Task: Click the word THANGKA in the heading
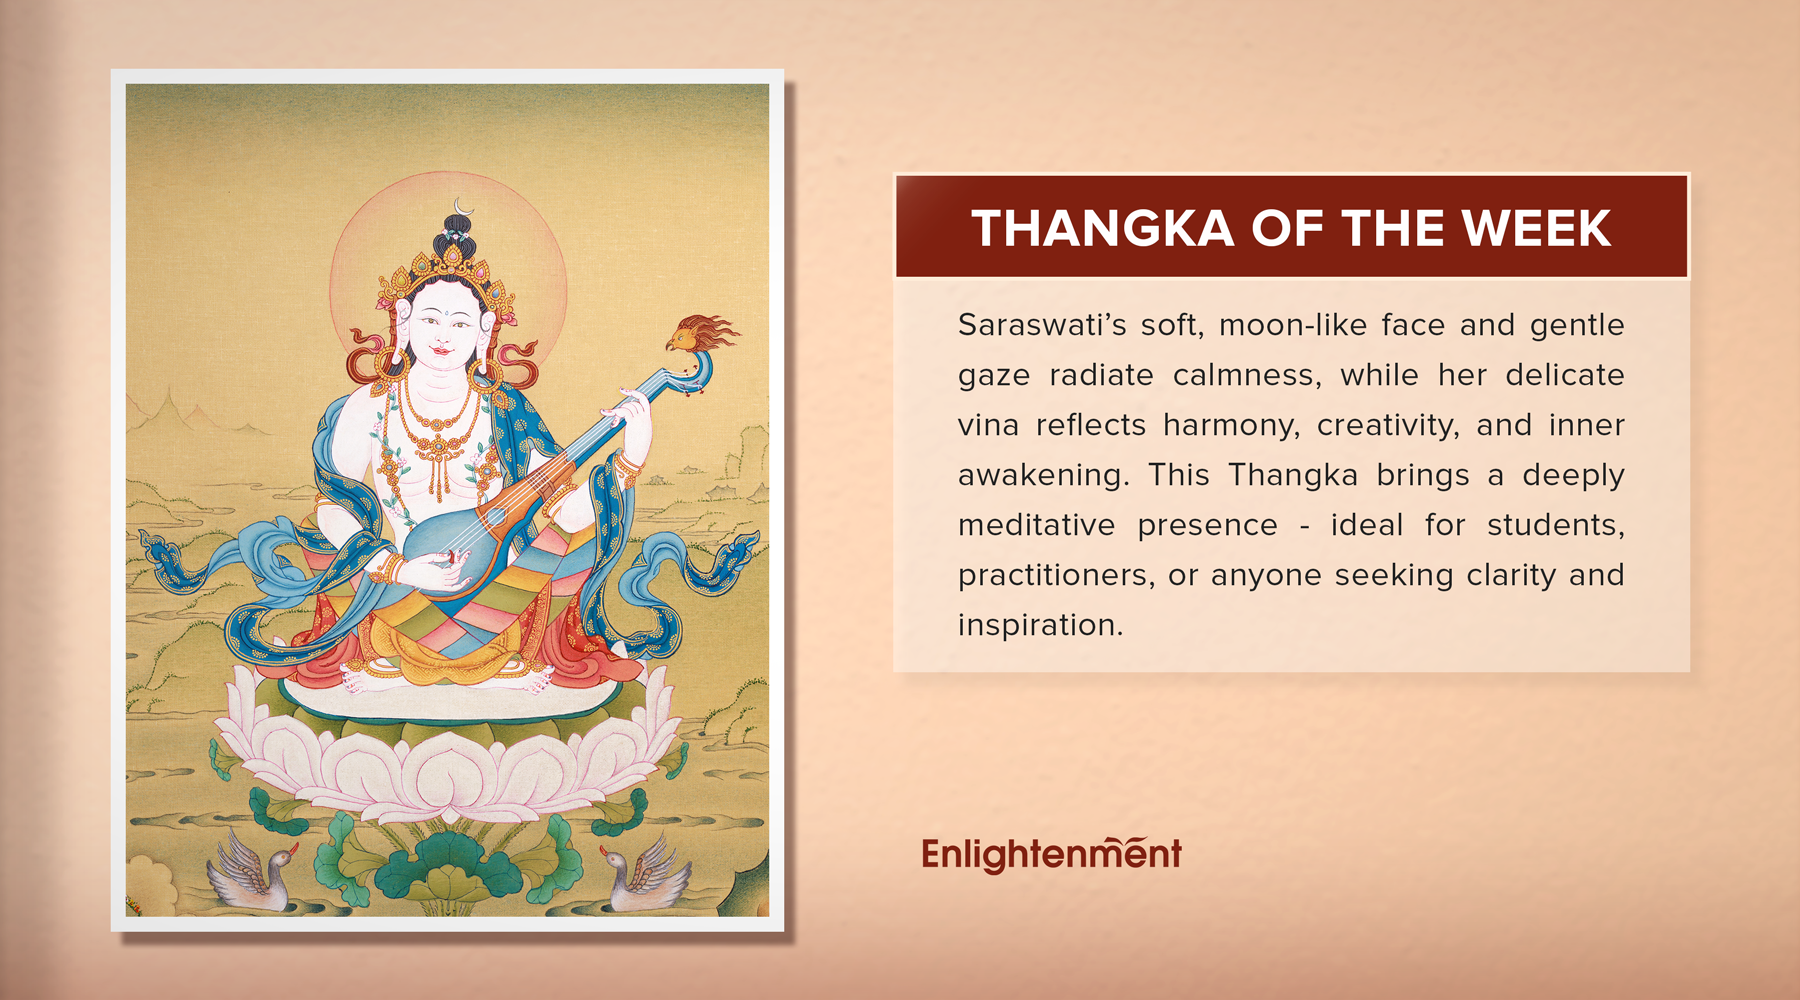1102,228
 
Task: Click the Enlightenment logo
1051,854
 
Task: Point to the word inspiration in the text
1040,625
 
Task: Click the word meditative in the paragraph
1036,525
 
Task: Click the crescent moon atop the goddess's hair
462,208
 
